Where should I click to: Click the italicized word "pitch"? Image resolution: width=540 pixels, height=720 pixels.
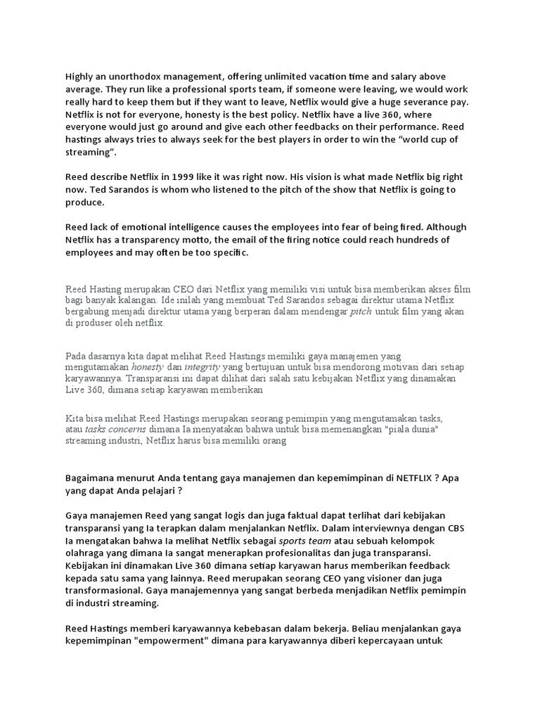361,311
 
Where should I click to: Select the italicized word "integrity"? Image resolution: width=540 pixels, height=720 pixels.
202,368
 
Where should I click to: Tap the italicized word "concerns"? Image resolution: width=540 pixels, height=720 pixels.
130,429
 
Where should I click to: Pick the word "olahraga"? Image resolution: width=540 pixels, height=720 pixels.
87,553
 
